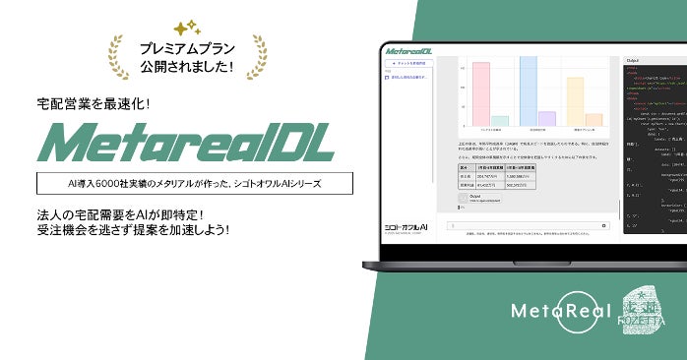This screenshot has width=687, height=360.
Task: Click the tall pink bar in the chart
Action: click(481, 93)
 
